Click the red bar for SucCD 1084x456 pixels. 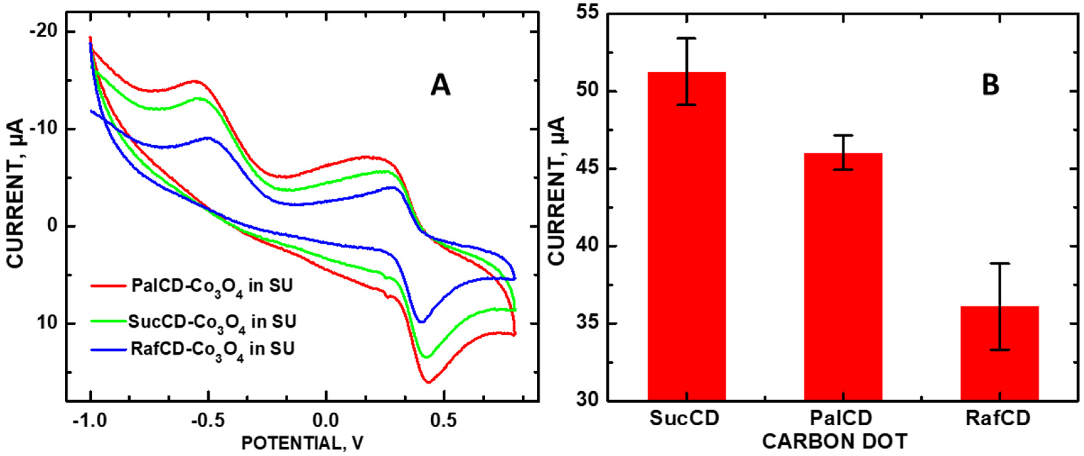click(686, 236)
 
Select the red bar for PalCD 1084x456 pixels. click(843, 276)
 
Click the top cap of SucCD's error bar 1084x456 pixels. click(686, 38)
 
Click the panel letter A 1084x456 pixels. click(440, 86)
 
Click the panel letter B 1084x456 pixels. click(990, 86)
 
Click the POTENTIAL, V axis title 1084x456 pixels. click(302, 443)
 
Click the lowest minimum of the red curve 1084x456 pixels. click(428, 382)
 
